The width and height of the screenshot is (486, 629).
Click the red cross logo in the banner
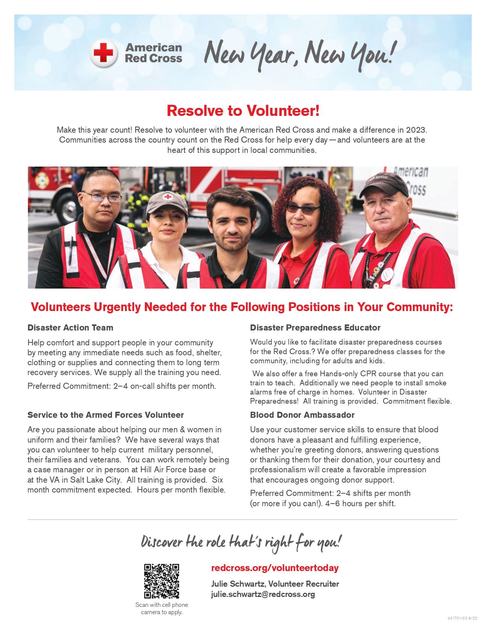104,53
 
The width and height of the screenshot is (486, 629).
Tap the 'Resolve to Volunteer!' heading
243,111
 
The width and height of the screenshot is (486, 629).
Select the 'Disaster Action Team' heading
70,327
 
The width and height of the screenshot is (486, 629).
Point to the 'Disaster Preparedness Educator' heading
315,327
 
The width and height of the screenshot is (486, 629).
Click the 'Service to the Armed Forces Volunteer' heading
106,415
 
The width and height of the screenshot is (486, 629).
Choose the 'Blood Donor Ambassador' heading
302,415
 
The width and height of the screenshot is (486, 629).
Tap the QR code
162,581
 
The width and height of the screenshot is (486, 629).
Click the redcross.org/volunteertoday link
274,568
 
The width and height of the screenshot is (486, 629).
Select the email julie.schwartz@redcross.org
263,594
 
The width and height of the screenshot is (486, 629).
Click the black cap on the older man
384,183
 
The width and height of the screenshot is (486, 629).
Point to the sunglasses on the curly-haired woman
303,208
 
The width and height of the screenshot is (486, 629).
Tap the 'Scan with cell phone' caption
162,605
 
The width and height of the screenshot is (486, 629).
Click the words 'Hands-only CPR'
346,374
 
